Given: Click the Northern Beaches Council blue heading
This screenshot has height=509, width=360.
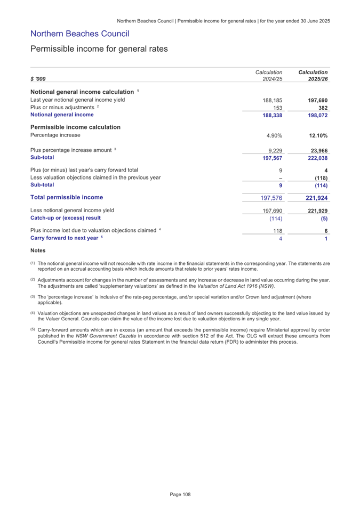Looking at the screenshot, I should click(80, 34).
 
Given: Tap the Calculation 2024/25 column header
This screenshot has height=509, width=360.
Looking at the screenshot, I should click(269, 75).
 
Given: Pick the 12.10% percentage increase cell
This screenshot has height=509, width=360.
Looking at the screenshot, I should click(316, 136).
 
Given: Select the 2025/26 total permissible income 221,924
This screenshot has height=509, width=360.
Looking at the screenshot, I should click(315, 198).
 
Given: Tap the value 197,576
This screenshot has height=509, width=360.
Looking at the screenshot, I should click(270, 198).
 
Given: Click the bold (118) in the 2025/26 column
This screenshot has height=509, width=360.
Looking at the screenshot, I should click(318, 178).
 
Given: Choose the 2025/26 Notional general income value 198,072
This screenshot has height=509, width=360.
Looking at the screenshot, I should click(315, 115).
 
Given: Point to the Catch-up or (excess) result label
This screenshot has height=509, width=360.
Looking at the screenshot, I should click(66, 217).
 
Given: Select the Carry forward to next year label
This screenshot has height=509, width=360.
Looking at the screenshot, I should click(66, 238).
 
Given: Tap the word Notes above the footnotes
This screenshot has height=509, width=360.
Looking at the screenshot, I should click(37, 251).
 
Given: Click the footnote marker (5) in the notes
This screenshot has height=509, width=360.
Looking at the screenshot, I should click(33, 330).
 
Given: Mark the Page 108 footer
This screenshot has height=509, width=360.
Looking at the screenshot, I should click(180, 495).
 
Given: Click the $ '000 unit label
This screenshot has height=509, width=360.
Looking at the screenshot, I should click(38, 79).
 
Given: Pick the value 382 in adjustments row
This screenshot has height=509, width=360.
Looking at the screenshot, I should click(321, 107).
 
